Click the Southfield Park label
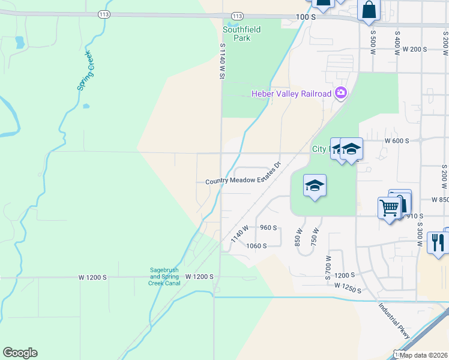click(x=237, y=34)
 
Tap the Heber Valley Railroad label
click(x=291, y=94)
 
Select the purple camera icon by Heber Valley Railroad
click(x=341, y=92)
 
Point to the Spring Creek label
click(x=85, y=71)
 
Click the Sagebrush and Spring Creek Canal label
click(x=164, y=276)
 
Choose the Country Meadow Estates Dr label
click(x=243, y=177)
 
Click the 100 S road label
click(x=306, y=17)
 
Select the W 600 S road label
click(x=397, y=140)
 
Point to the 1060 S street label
click(x=256, y=245)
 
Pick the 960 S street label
click(x=268, y=228)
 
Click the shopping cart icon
click(x=389, y=208)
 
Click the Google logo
click(x=20, y=353)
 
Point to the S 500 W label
click(x=373, y=44)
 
